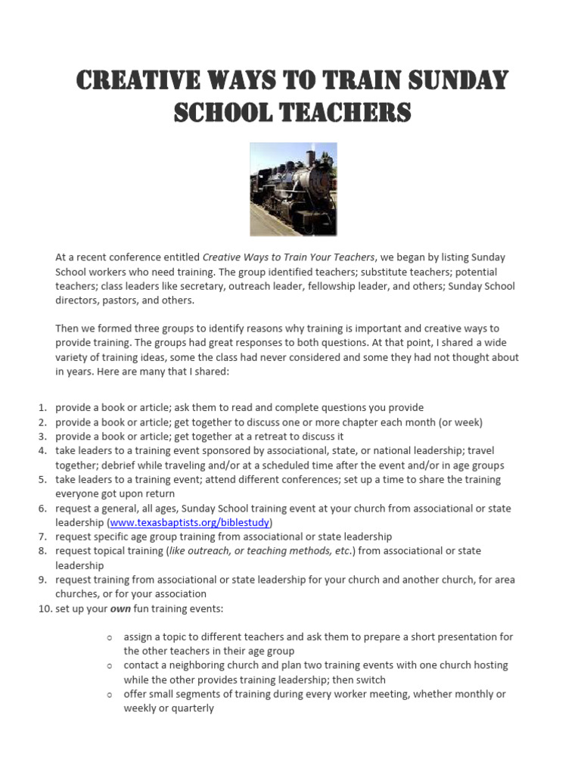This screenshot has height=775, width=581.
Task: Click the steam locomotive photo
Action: tap(294, 189)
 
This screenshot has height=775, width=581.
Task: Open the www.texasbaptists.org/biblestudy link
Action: tap(191, 522)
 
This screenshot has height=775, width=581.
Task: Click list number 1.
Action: tap(44, 407)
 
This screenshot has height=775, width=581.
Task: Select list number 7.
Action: tap(44, 537)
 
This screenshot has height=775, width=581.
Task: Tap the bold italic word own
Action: tap(121, 608)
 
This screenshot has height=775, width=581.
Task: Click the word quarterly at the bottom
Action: tap(191, 708)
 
